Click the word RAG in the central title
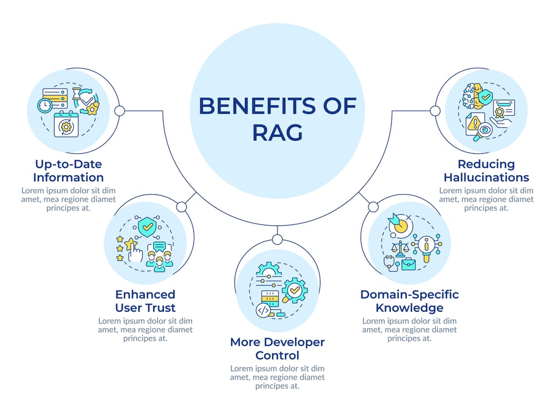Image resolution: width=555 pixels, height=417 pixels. (277, 133)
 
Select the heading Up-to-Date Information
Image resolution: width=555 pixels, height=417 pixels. (68, 171)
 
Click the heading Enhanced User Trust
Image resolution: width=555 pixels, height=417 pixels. (145, 301)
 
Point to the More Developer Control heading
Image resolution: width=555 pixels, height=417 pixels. (277, 348)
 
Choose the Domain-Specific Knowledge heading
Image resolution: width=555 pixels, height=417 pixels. (410, 301)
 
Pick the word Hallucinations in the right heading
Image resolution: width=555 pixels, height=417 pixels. (486, 177)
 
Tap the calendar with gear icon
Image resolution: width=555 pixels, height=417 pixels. (66, 125)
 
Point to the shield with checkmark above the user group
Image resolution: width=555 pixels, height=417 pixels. (148, 226)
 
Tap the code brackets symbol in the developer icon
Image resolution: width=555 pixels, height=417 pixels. (264, 310)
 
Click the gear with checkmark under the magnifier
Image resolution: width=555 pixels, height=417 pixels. (294, 290)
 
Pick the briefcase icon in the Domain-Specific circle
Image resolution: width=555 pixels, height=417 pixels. (408, 264)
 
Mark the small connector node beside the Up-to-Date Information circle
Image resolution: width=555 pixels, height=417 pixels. (119, 111)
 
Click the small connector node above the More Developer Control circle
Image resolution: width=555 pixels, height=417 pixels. (277, 240)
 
